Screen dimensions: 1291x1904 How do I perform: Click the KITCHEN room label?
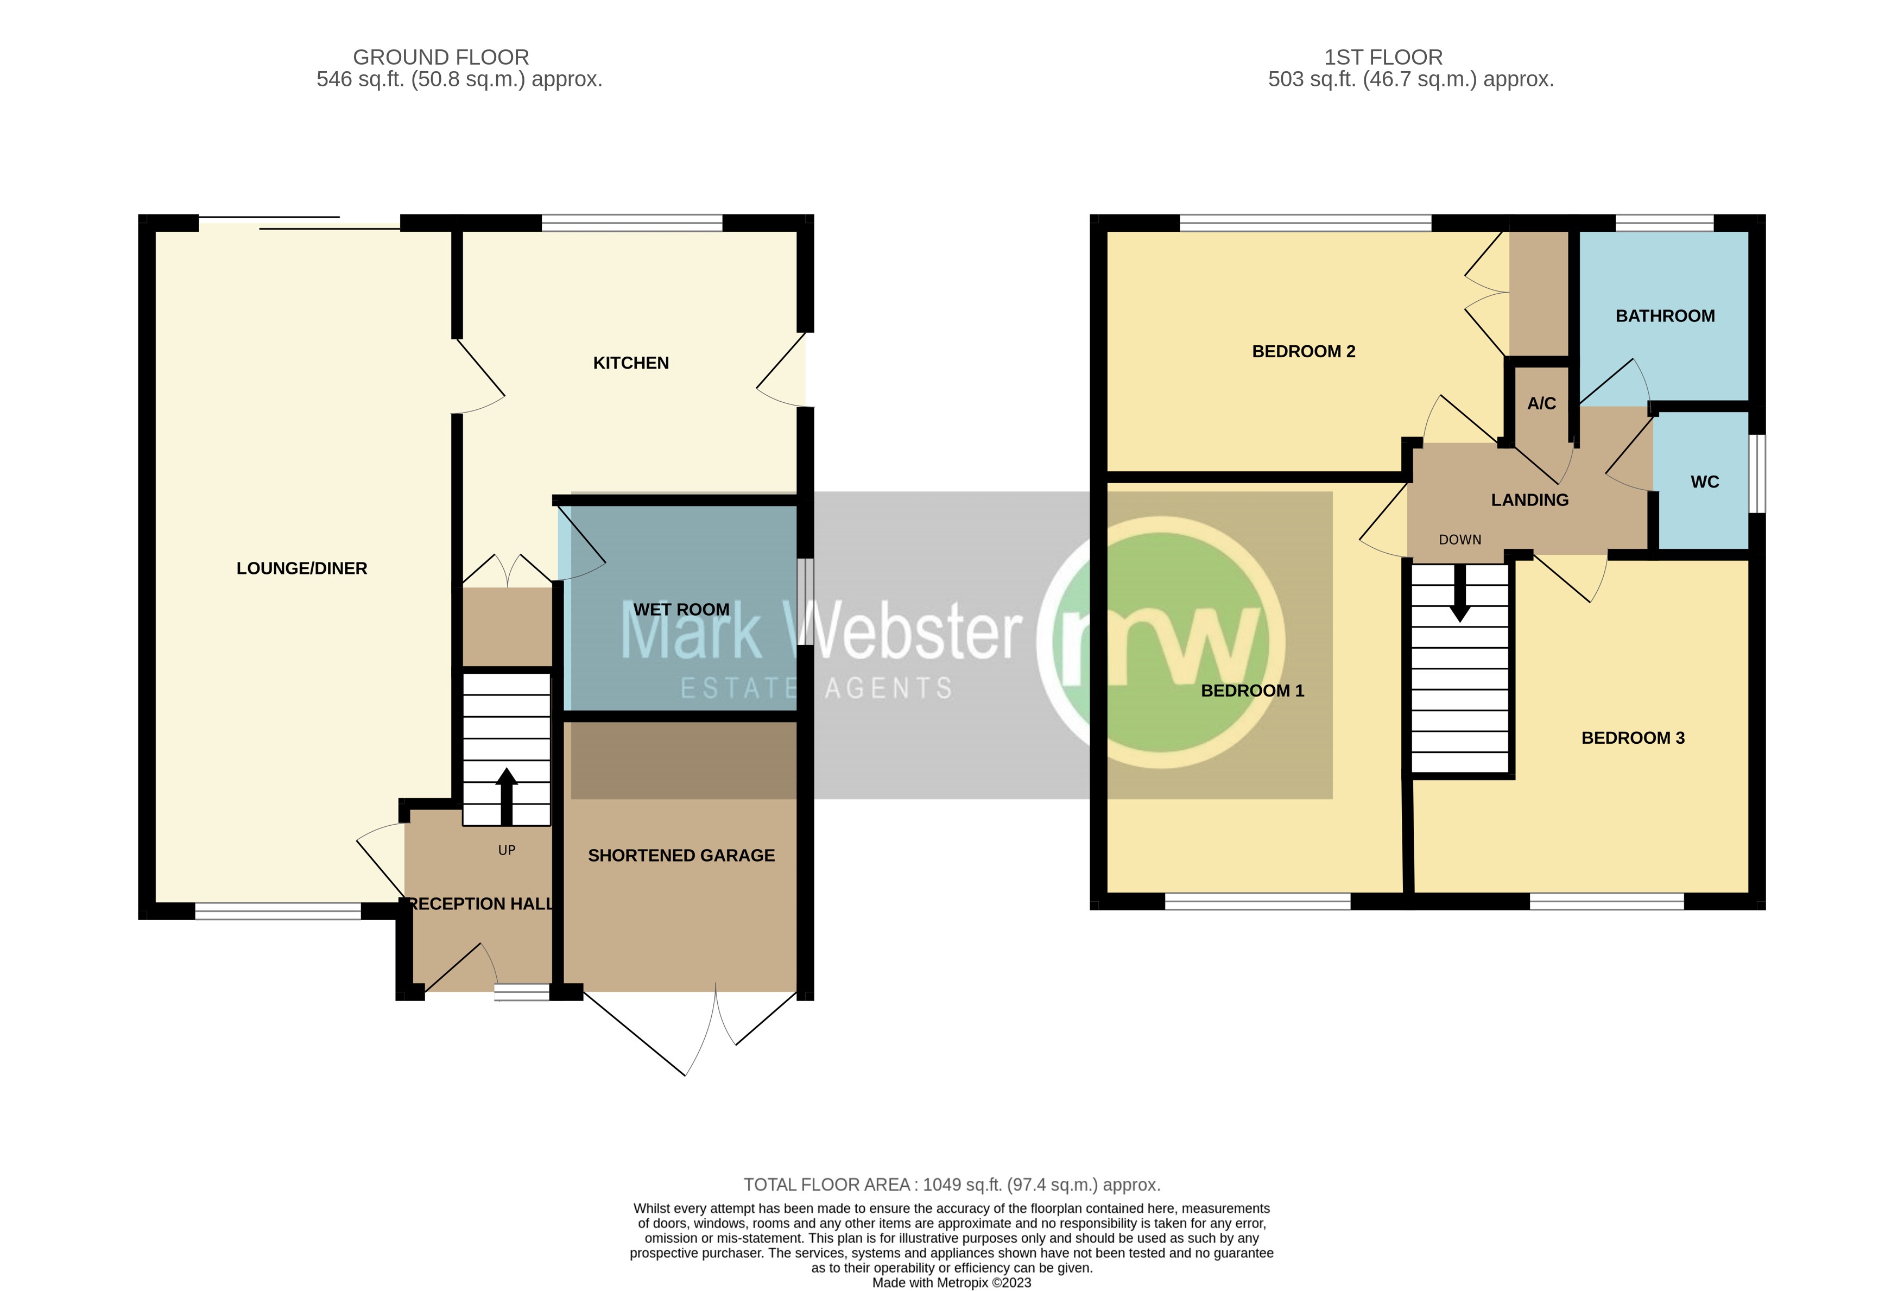tap(631, 363)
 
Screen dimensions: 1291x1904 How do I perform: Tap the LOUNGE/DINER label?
tap(301, 568)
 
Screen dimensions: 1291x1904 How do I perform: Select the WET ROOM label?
tap(681, 610)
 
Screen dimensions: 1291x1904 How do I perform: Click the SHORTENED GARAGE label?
tap(681, 855)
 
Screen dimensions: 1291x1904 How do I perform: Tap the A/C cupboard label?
tap(1541, 403)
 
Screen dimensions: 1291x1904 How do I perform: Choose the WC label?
tap(1704, 482)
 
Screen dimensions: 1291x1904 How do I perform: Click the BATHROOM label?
tap(1665, 316)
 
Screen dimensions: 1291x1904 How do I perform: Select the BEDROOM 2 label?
tap(1304, 351)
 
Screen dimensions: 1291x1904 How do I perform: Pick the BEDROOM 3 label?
tap(1632, 738)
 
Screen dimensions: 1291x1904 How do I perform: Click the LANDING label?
tap(1529, 499)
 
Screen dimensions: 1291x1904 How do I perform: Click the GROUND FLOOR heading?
tap(441, 58)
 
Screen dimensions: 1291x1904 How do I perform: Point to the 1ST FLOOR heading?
tap(1383, 58)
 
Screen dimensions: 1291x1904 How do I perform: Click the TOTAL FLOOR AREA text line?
tap(951, 1185)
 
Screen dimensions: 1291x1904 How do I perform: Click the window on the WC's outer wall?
tap(1756, 473)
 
